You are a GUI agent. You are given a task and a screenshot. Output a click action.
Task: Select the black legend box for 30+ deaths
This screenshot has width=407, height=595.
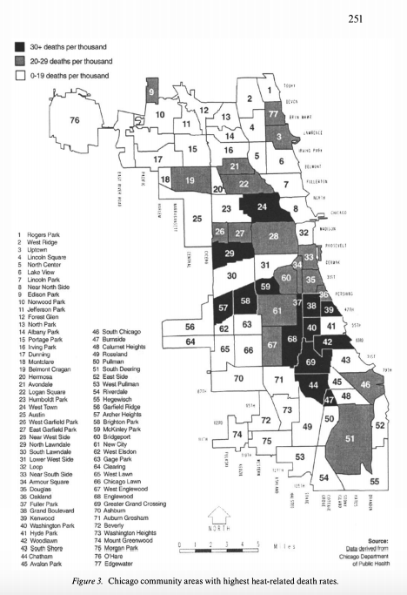click(19, 46)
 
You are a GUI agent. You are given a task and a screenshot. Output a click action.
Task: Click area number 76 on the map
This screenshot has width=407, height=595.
click(74, 119)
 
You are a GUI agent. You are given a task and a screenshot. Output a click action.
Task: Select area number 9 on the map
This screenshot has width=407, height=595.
click(152, 91)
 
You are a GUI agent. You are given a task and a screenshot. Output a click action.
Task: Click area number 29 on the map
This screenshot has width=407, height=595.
click(230, 254)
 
